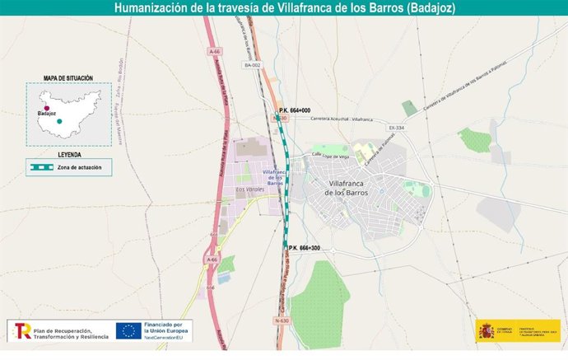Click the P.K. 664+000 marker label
[294, 110]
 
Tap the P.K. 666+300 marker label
[304, 248]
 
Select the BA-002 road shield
[252, 65]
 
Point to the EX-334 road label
[397, 129]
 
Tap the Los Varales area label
[249, 189]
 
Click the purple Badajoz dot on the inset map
[47, 108]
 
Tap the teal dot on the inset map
[59, 122]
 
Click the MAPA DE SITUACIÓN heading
[68, 78]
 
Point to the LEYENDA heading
[69, 154]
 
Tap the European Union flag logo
[127, 330]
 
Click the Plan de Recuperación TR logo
[22, 330]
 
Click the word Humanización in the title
[150, 8]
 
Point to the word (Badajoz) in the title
[426, 8]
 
